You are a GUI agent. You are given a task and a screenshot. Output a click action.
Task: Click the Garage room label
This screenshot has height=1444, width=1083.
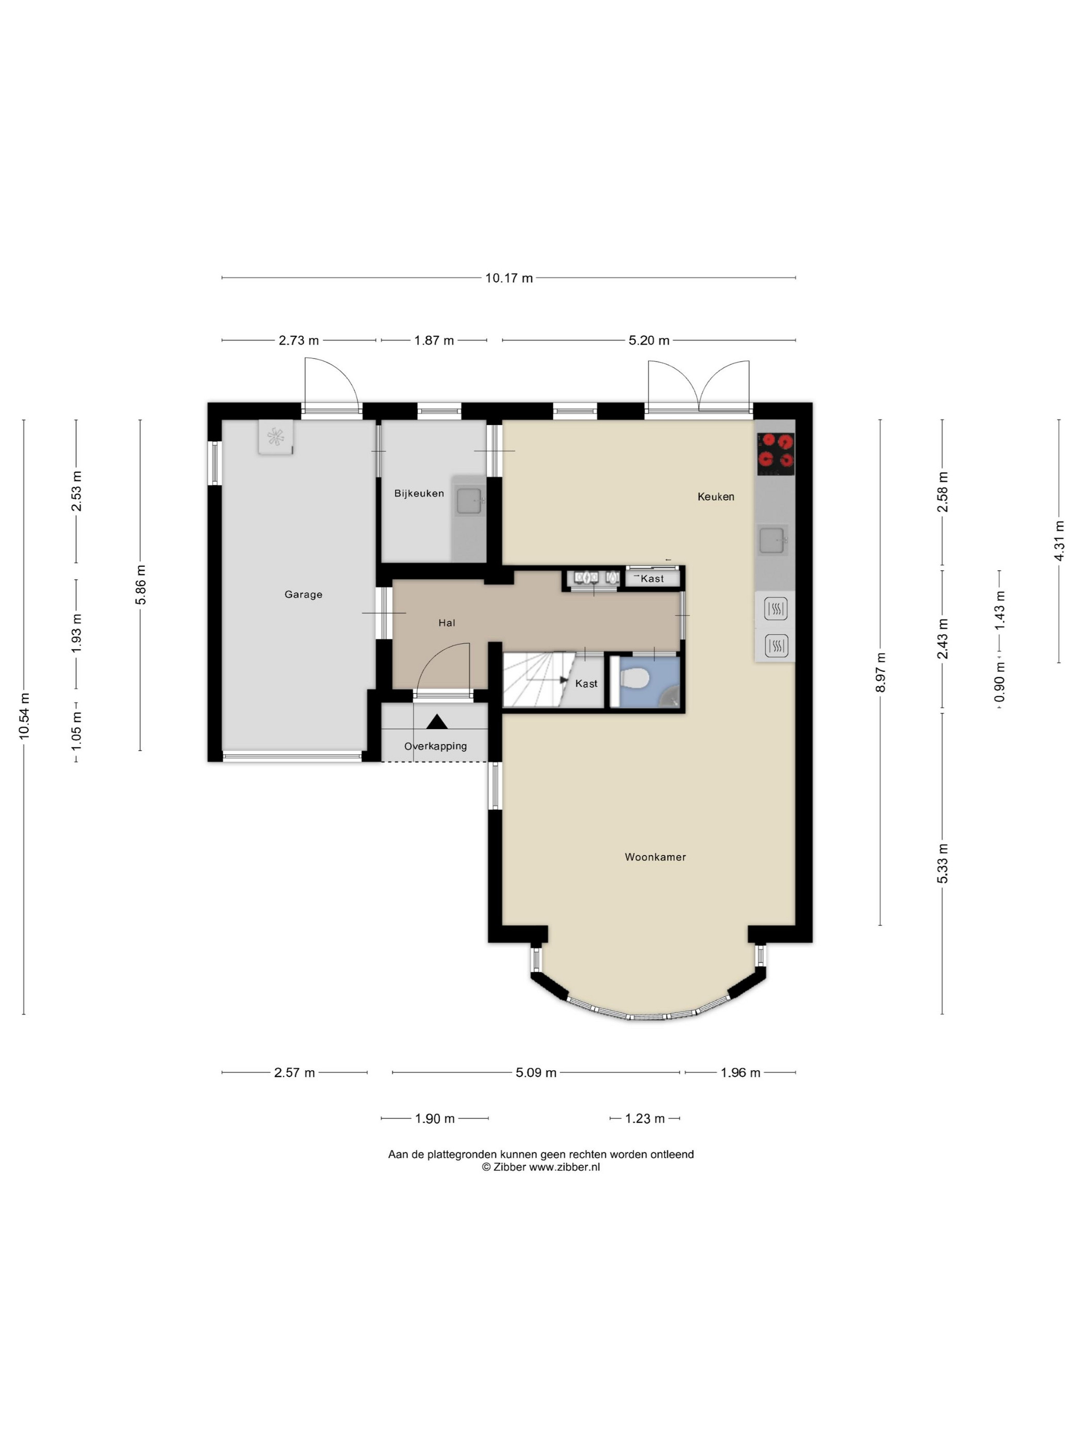tap(303, 594)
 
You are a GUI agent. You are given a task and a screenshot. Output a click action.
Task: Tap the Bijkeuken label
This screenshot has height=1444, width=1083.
tap(418, 494)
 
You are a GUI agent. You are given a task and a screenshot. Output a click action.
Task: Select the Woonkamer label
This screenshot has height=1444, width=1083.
tap(655, 857)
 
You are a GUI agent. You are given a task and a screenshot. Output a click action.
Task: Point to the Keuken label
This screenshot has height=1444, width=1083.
tap(715, 497)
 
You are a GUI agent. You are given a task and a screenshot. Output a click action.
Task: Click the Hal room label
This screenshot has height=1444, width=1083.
tap(447, 623)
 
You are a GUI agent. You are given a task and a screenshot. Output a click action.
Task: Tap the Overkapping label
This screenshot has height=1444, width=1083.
tap(435, 746)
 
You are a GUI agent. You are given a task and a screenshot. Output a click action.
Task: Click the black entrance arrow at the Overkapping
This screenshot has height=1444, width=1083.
tap(437, 721)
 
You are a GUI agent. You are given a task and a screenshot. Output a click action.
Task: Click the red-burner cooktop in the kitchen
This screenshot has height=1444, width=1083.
tap(776, 454)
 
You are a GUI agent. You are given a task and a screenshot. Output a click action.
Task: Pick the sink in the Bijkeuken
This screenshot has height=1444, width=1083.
tap(469, 501)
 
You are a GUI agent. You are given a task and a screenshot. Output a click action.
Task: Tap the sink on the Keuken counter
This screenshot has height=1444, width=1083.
tap(773, 540)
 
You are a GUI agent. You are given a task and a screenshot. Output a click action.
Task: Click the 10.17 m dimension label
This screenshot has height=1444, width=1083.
tap(508, 278)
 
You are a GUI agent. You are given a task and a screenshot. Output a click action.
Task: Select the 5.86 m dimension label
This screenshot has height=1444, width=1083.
tap(140, 585)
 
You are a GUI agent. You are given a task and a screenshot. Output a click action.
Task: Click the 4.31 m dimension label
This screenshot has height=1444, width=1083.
tap(1059, 540)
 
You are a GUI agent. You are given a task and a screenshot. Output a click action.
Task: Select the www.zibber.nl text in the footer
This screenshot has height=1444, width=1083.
tap(564, 1167)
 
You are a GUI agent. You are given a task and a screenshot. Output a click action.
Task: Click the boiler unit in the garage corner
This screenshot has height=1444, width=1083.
tap(275, 436)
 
